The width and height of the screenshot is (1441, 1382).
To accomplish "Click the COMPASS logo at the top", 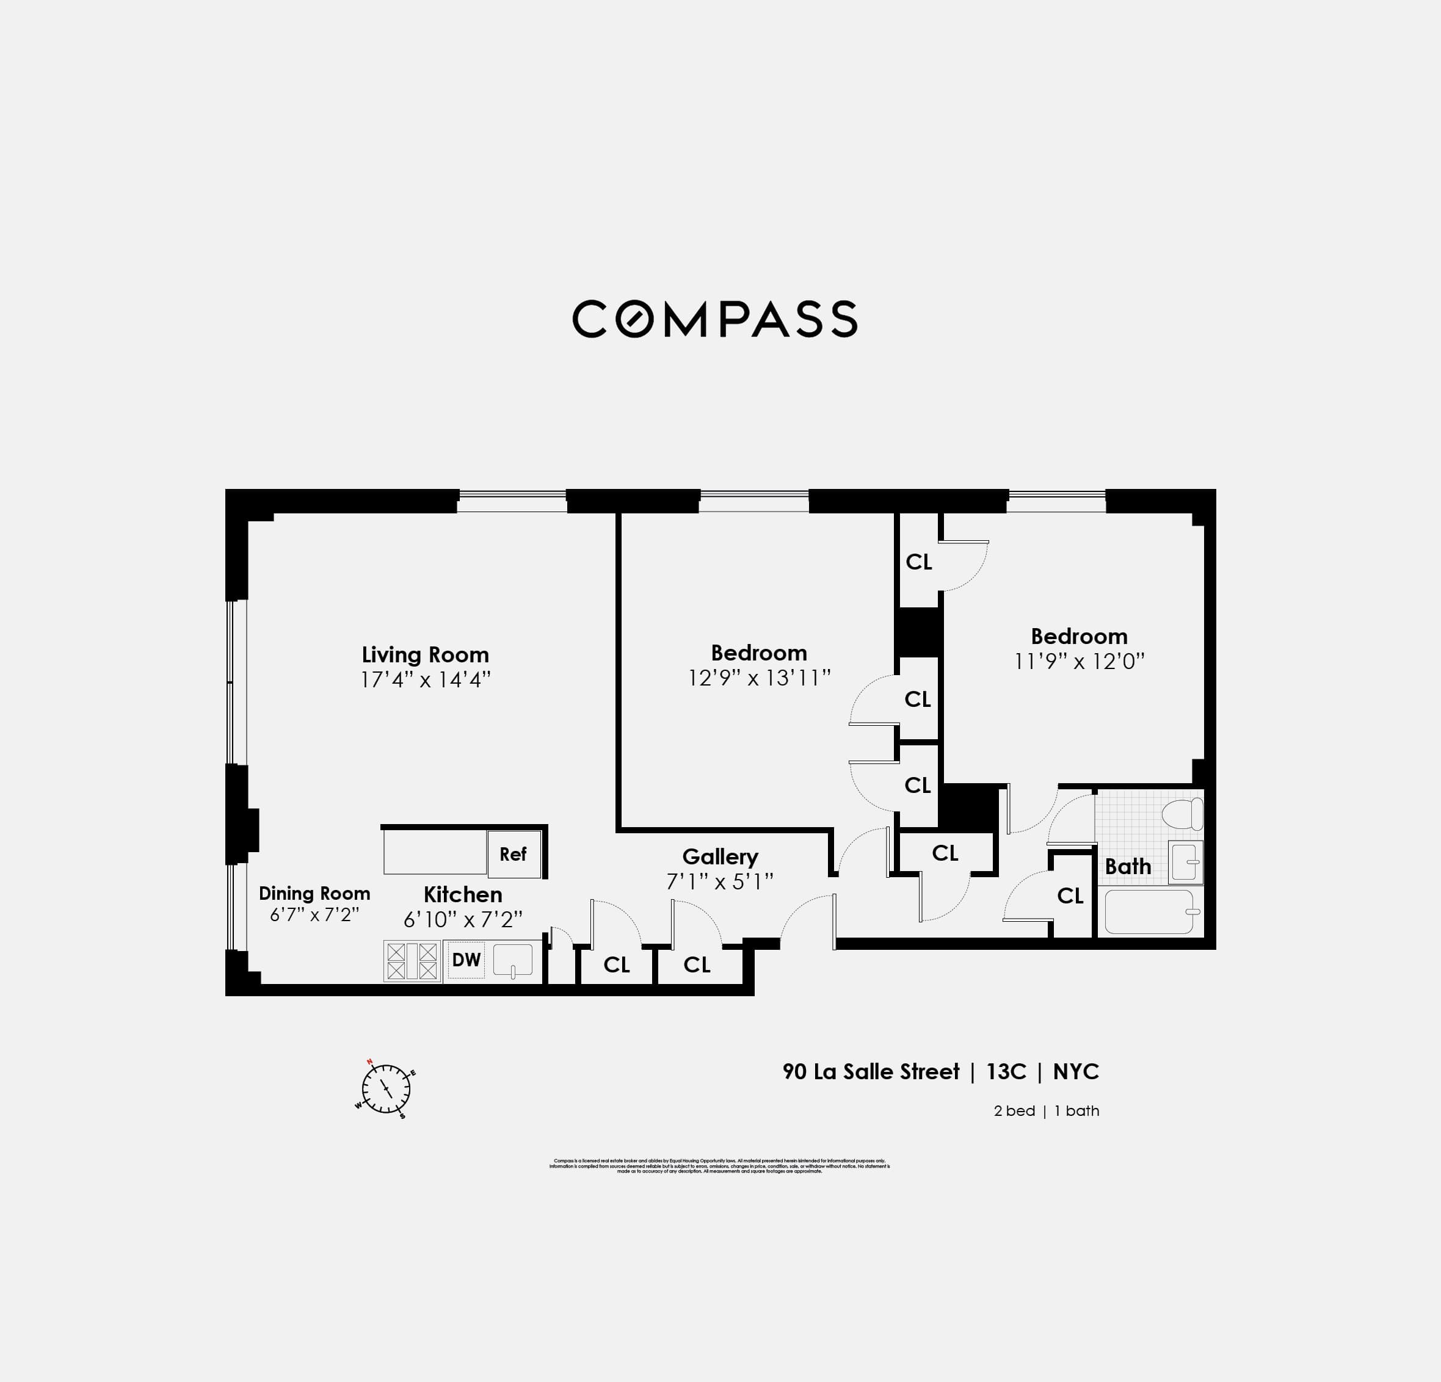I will pos(714,319).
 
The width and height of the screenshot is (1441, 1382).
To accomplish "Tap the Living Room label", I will pos(425,654).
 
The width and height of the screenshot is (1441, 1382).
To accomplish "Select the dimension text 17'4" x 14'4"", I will pos(425,679).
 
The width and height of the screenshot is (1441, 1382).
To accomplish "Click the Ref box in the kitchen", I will pos(513,853).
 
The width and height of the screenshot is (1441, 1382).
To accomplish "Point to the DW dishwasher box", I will pos(466,960).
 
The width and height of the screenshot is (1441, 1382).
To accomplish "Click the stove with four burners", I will pos(412,961).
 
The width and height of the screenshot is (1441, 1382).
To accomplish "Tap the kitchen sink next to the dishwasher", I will pos(513,961).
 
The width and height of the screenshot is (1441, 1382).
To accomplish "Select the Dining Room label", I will pos(314,893).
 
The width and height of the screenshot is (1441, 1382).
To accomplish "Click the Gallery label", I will pos(720,856).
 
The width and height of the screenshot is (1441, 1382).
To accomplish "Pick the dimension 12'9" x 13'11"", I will pos(759,678).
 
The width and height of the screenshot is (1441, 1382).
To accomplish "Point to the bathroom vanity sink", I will pos(1185,861).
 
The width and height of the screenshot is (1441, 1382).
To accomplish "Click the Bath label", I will pos(1128,867).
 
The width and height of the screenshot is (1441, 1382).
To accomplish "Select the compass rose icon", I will pos(385,1089).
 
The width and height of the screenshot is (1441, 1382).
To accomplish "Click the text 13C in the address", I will pos(1006,1072).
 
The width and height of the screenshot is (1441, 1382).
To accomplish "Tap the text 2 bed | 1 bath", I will pos(1045,1111).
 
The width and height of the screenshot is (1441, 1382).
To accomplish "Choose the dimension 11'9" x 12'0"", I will pos(1078,661).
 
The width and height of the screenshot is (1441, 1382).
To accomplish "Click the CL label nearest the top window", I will pos(918,562).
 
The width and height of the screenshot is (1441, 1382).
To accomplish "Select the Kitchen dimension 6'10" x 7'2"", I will pos(462,919).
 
